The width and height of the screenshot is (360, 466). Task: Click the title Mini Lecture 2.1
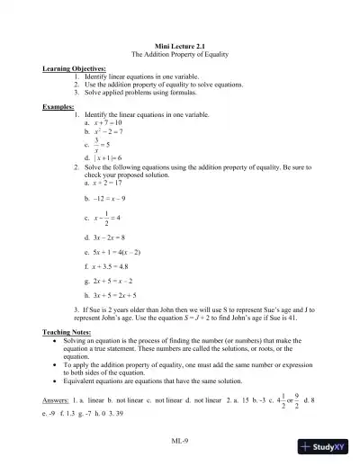182,45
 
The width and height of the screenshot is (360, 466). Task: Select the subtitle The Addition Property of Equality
182,54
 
